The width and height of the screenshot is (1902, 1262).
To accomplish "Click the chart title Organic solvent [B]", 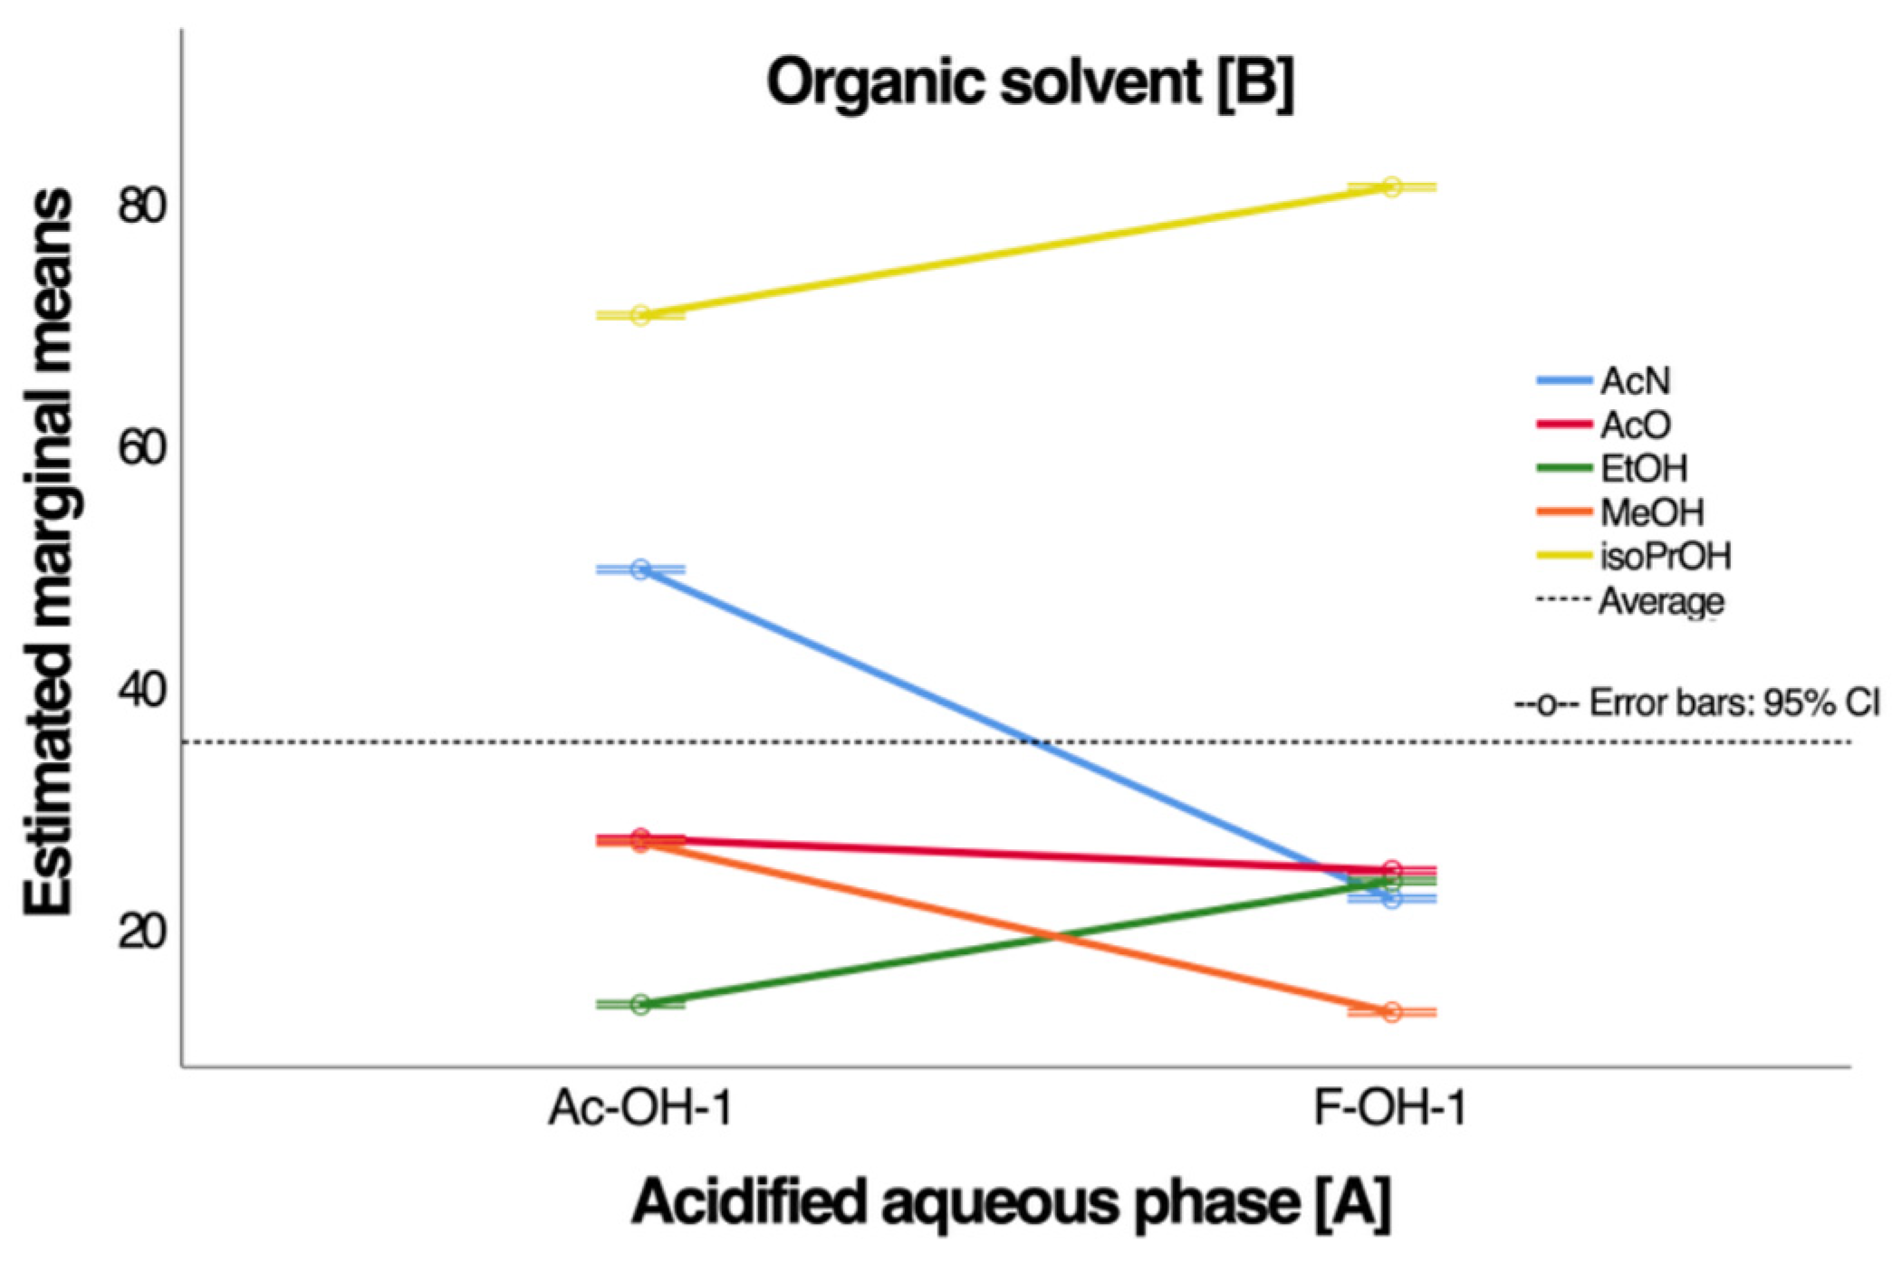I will (1030, 83).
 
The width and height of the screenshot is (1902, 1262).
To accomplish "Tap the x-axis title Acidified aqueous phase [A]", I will (1011, 1202).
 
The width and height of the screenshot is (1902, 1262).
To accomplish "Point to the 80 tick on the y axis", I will (142, 206).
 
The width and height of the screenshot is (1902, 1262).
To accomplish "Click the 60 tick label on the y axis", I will (142, 447).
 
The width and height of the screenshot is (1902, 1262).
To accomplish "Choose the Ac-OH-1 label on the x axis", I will (640, 1108).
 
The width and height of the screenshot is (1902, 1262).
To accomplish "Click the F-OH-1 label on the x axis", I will (1390, 1108).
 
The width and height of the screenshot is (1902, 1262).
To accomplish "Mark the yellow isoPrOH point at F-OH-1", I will (1392, 187).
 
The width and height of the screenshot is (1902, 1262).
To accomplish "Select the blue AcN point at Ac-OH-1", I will (640, 569).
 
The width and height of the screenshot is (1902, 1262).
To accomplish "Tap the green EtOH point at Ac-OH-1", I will (640, 1004).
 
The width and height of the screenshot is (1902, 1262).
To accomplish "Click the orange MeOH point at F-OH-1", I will (1392, 1012).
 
